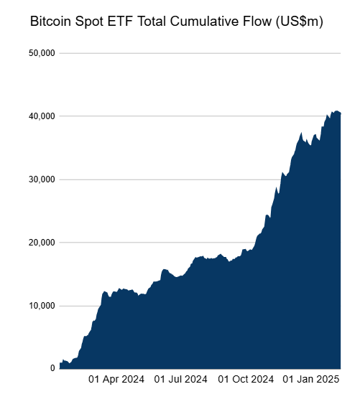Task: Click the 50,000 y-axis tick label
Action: click(x=42, y=53)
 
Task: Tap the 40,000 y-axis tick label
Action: click(x=42, y=116)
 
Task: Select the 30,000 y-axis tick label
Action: click(x=42, y=179)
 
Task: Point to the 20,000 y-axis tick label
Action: click(x=42, y=243)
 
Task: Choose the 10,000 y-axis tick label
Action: click(x=42, y=306)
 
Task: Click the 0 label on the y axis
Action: click(x=52, y=368)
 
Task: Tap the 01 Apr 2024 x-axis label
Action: click(x=116, y=379)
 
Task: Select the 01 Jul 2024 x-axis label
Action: click(x=180, y=379)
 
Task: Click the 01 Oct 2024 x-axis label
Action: click(x=246, y=379)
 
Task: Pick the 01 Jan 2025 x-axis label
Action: click(x=310, y=379)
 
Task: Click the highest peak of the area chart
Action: click(x=336, y=111)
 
